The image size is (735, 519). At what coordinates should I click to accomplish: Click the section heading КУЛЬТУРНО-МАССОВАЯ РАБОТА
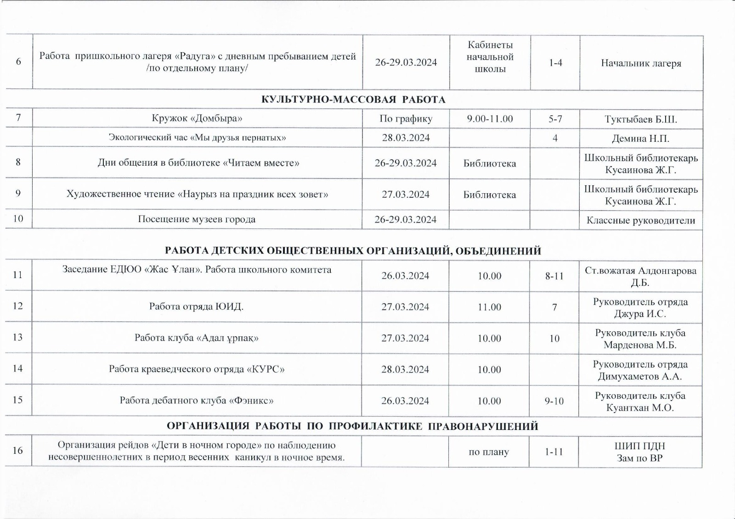(x=353, y=100)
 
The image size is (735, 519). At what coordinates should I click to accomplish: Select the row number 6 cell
(x=18, y=62)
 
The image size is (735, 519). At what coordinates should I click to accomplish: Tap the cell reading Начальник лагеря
(x=641, y=63)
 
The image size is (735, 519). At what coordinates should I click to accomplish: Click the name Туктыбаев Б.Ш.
(x=641, y=119)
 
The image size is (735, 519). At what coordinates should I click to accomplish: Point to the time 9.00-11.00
(x=490, y=119)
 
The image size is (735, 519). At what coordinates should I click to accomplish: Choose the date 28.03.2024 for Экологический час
(x=406, y=138)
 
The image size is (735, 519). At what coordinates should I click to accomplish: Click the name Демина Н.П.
(x=640, y=138)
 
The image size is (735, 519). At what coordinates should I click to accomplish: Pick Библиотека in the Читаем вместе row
(x=489, y=163)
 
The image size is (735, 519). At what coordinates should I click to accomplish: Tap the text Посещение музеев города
(x=197, y=219)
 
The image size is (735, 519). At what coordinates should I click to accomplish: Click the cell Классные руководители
(x=641, y=221)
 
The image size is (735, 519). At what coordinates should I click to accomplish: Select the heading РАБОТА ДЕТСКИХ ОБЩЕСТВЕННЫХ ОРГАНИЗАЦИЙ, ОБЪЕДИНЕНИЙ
(x=353, y=251)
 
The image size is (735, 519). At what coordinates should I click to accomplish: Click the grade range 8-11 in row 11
(x=554, y=276)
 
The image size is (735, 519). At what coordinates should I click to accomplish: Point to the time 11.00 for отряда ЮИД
(x=489, y=307)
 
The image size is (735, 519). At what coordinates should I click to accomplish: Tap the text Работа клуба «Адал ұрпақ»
(x=197, y=338)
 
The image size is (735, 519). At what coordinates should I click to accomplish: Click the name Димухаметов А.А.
(x=640, y=377)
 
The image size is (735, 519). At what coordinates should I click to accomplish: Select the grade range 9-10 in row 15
(x=554, y=401)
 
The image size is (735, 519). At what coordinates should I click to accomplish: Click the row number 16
(x=17, y=451)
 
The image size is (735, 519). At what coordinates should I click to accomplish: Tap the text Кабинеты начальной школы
(x=490, y=57)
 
